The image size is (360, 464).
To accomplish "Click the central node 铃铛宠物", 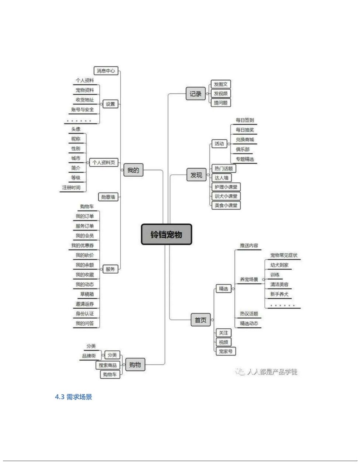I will pos(166,235).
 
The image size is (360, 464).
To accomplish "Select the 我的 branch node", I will pos(133,170).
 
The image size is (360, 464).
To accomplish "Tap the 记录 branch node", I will pos(195,94).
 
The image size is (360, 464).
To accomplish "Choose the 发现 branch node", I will pos(196,175).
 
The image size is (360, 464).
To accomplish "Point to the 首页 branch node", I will pos(200,320).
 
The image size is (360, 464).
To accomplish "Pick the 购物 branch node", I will pos(135,364).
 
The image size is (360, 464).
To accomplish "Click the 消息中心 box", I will pos(106,70).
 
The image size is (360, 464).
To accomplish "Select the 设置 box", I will pos(110,104).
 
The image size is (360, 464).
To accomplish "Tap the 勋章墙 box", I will pos(108,197).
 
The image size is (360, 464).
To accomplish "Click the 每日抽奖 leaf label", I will pos(245,130).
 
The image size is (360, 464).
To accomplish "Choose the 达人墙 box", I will pos(222,178).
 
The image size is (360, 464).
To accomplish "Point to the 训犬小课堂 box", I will pos(226,196).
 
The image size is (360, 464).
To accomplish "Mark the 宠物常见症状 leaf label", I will pos(284,255).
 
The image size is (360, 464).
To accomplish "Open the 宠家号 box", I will pos(226,351).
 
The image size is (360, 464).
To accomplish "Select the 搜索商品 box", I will pos(107,365).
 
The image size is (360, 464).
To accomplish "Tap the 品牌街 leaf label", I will pos(89,356).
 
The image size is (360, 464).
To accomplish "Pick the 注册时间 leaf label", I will pos(71,187).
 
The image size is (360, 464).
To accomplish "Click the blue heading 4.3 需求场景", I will pos(73,397).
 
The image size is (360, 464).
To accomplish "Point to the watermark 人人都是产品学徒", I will pos(271,372).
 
